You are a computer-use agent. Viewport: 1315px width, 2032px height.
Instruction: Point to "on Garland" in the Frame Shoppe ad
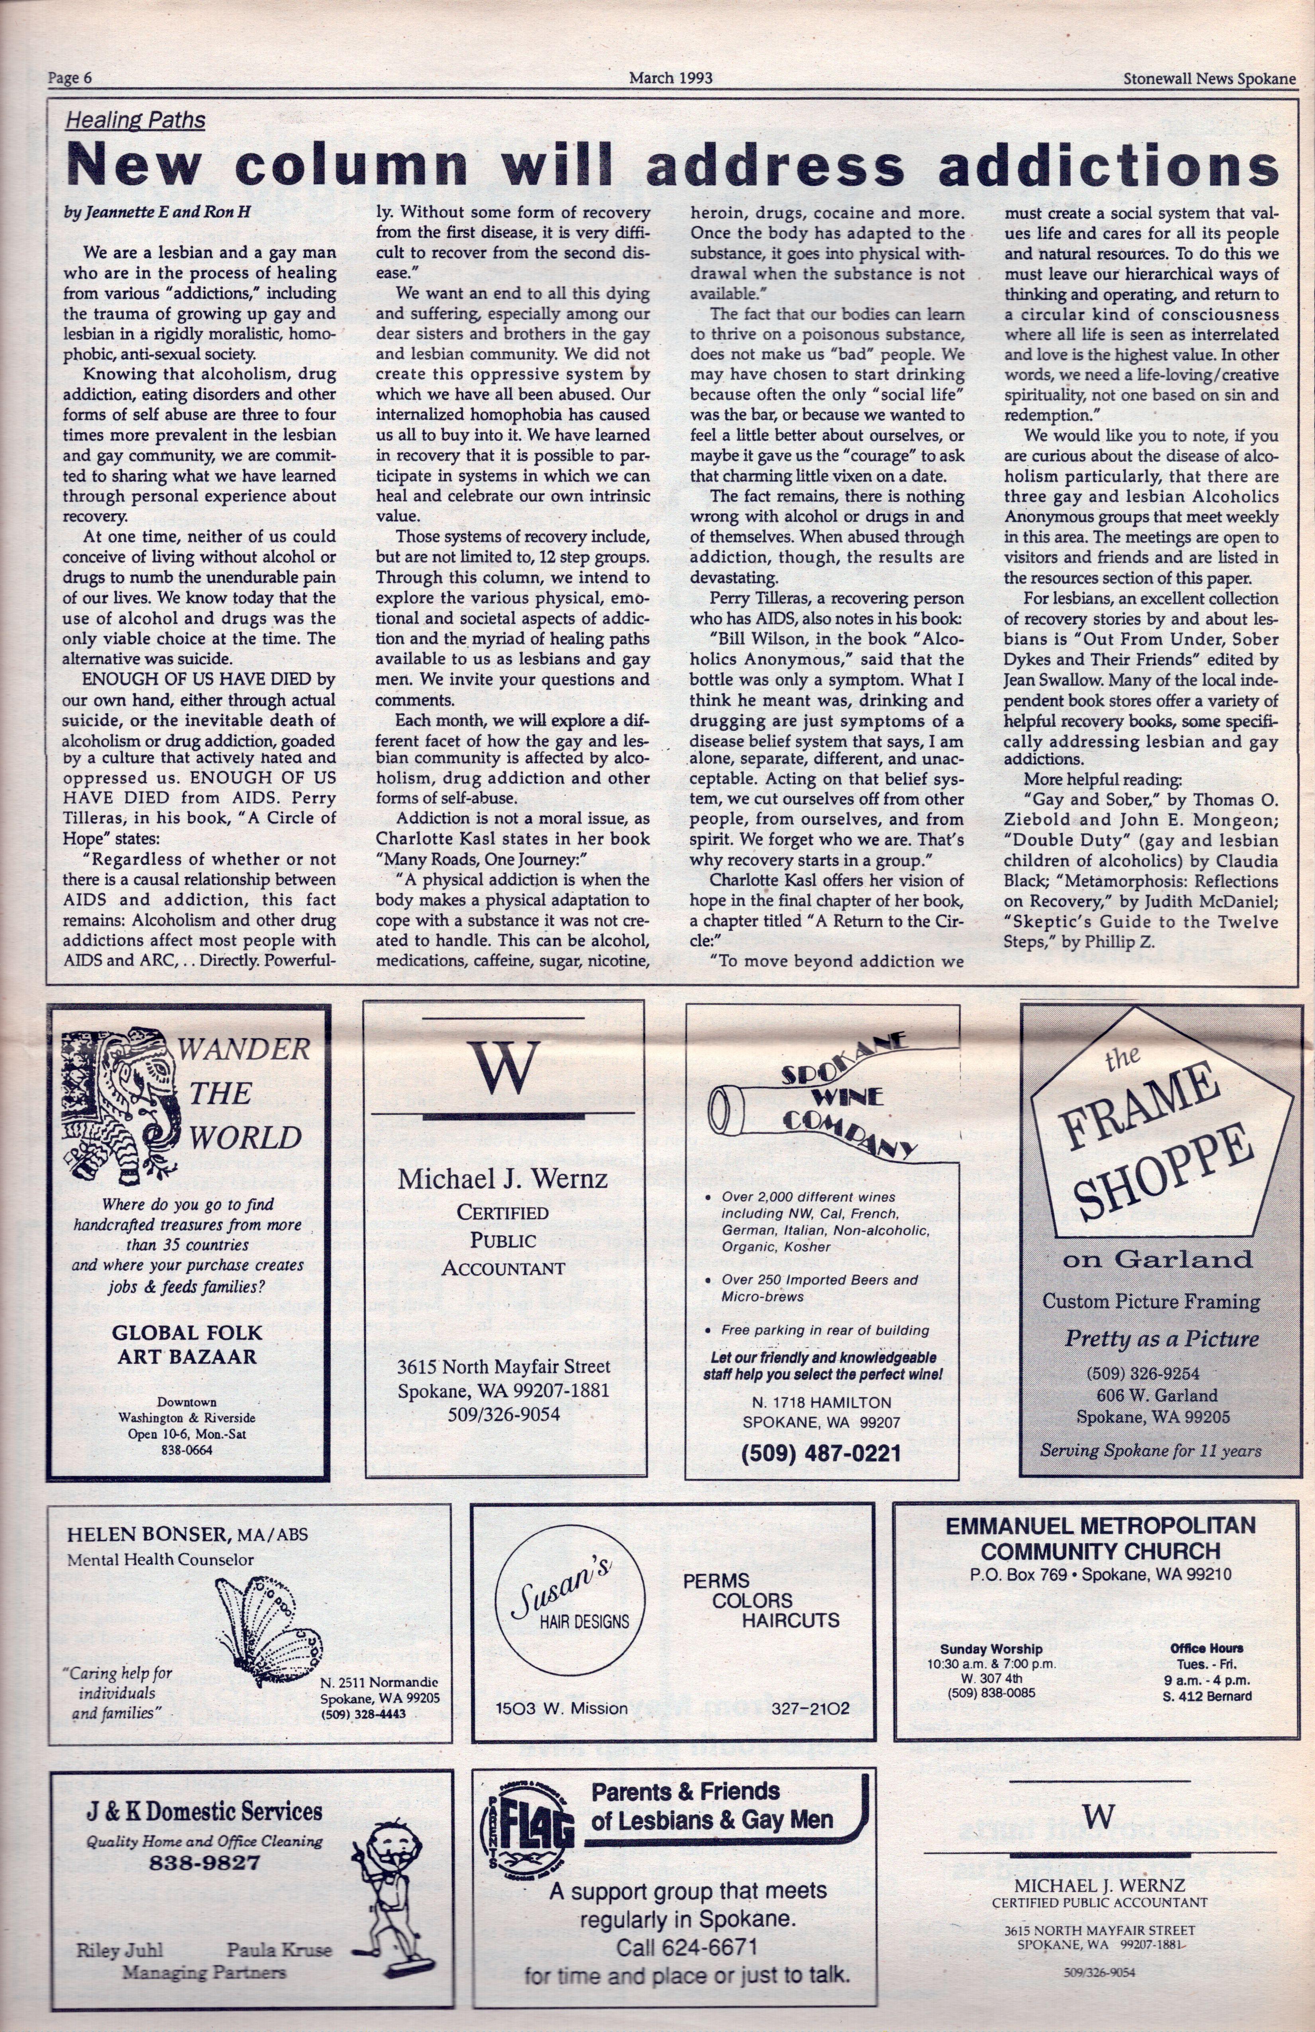click(x=1157, y=1259)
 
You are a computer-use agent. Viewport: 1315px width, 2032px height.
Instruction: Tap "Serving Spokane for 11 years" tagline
click(x=1150, y=1450)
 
